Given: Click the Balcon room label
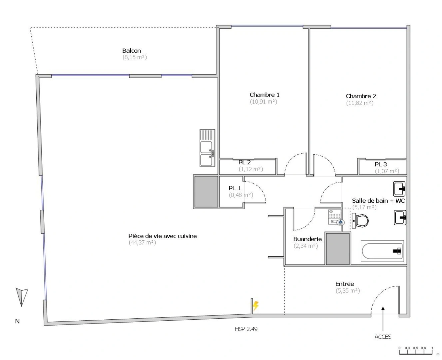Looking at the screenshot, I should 132,51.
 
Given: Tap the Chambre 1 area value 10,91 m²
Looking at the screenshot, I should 263,102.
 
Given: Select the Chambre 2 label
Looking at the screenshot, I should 361,96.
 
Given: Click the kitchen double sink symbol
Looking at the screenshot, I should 207,148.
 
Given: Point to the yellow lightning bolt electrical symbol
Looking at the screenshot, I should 255,306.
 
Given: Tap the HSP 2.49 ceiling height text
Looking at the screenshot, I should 246,329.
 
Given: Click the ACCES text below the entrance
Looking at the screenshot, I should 383,337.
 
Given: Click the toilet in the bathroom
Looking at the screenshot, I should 360,221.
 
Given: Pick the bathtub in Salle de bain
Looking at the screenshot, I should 382,251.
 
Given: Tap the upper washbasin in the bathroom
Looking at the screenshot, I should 399,189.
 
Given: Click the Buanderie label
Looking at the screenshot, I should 307,239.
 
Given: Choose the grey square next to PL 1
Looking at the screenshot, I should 206,192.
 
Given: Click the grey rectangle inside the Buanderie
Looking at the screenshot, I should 338,249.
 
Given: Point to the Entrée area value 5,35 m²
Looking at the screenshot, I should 347,291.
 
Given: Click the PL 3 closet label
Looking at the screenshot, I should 381,164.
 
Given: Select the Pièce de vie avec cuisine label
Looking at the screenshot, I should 163,236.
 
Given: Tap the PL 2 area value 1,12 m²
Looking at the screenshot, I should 250,169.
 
